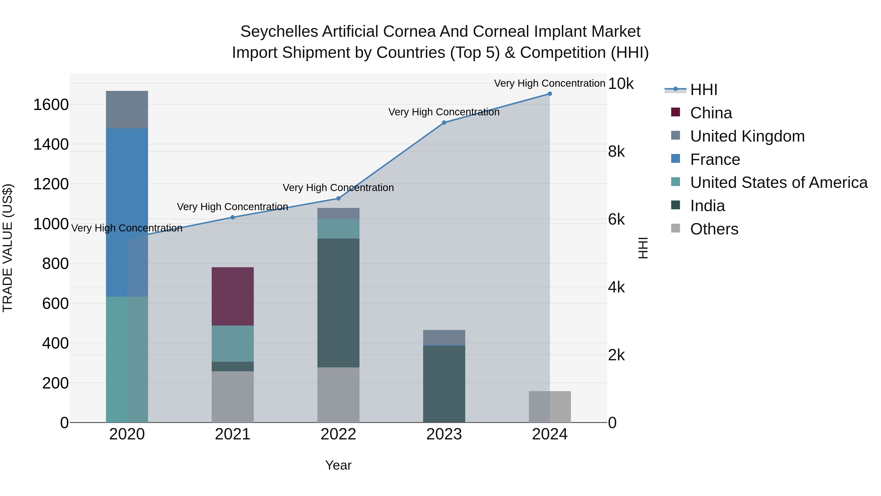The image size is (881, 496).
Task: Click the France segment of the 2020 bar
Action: [x=127, y=212]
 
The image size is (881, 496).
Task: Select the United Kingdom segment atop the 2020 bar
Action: [x=127, y=109]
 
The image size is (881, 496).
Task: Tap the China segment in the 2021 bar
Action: [x=232, y=296]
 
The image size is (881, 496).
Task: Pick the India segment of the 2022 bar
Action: [x=338, y=303]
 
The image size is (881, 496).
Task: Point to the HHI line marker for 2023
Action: [x=444, y=122]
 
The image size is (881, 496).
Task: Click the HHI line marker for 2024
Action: [x=550, y=94]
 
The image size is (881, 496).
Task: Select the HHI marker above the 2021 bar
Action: [x=232, y=217]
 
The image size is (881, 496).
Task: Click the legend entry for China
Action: [x=711, y=113]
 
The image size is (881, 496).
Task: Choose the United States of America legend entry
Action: [x=778, y=182]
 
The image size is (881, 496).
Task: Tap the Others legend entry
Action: [x=714, y=229]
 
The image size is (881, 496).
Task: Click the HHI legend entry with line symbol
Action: [x=704, y=90]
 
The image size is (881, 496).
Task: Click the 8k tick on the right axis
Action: [x=616, y=152]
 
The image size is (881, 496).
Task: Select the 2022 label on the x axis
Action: [x=338, y=434]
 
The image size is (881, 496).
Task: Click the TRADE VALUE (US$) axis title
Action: [x=8, y=248]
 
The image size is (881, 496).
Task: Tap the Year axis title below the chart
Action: [x=338, y=465]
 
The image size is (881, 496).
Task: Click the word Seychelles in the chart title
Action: [x=279, y=32]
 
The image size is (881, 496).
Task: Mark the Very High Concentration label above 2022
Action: [x=338, y=188]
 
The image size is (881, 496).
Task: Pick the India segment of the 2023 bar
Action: [x=444, y=383]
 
